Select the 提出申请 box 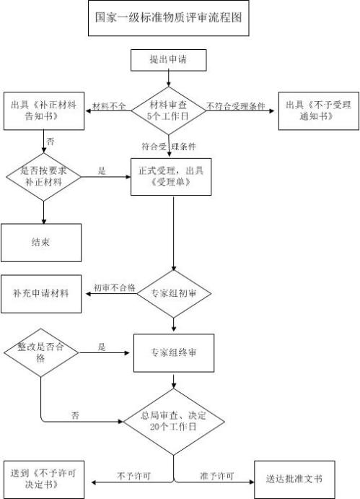(168, 60)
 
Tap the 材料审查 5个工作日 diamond (168, 110)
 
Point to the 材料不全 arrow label (110, 106)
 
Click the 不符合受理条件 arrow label (235, 106)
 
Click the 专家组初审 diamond (172, 293)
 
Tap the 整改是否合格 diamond (40, 352)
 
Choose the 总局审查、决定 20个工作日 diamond (172, 421)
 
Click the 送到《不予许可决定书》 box (43, 479)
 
